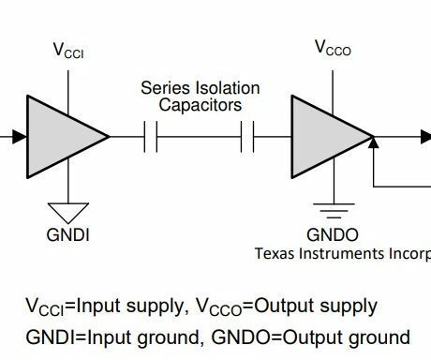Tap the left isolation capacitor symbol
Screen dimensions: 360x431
point(151,137)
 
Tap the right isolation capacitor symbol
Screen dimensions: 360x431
point(248,137)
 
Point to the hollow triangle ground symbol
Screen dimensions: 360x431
point(69,212)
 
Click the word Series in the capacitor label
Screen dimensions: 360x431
point(162,88)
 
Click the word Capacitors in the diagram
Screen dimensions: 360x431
point(200,105)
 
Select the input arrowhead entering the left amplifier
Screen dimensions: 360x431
point(19,137)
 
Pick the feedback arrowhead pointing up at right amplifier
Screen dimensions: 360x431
point(373,143)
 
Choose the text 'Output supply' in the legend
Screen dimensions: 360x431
point(329,307)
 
